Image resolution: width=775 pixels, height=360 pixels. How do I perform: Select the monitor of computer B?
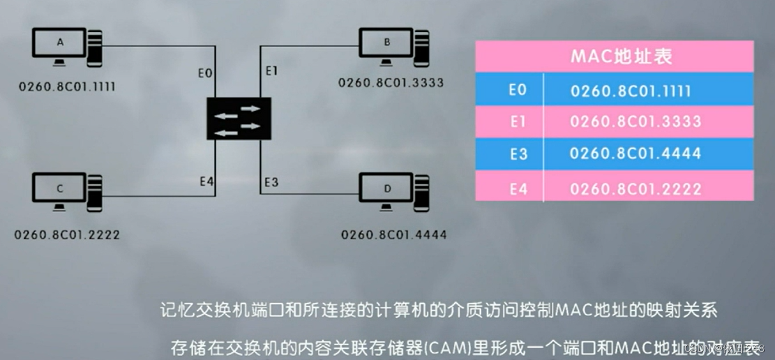(386, 45)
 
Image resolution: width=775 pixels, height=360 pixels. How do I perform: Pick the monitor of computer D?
(386, 190)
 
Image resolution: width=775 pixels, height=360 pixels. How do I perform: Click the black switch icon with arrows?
(238, 119)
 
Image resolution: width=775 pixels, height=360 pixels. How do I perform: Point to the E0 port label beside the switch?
(204, 74)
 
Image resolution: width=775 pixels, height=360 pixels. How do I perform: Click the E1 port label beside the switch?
(271, 71)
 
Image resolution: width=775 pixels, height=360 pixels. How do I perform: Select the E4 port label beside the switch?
(206, 182)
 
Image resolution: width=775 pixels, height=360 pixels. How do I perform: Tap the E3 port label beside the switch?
(271, 183)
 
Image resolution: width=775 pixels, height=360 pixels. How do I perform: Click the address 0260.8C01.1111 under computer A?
(66, 86)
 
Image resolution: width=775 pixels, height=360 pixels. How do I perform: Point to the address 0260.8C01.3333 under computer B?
(391, 83)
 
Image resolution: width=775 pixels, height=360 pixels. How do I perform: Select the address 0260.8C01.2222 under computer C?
(67, 234)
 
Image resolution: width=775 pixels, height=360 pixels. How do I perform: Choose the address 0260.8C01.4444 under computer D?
(393, 234)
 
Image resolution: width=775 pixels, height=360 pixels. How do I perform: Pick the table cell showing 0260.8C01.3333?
(635, 121)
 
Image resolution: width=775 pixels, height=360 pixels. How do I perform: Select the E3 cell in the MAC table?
(518, 153)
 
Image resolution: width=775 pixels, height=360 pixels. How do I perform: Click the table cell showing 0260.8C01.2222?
(635, 189)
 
